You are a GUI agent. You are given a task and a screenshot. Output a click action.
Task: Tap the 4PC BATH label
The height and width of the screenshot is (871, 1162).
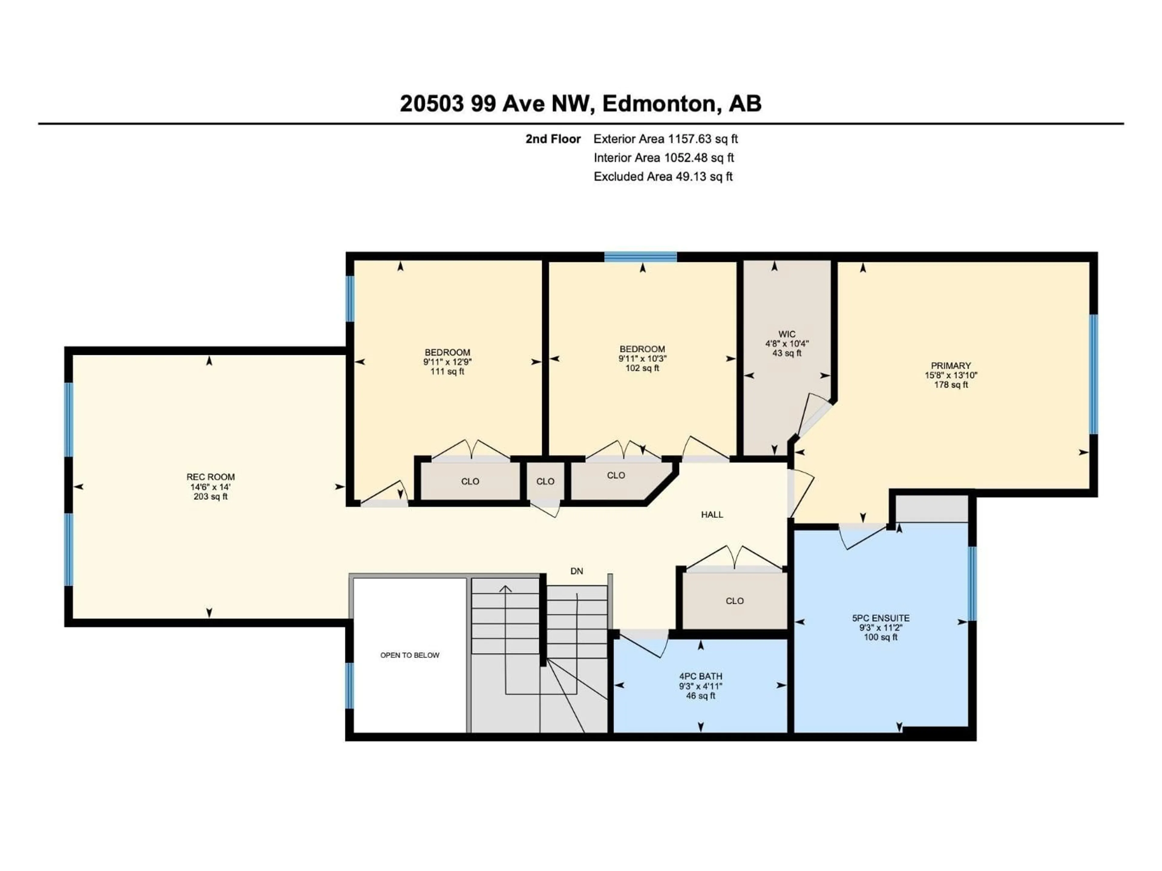(x=700, y=676)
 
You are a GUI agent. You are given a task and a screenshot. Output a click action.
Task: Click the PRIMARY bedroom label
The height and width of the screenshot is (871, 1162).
(x=951, y=365)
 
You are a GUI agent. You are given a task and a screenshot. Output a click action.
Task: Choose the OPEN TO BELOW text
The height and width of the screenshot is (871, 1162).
(x=410, y=655)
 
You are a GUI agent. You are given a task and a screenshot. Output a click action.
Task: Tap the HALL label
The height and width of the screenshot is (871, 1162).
(x=712, y=514)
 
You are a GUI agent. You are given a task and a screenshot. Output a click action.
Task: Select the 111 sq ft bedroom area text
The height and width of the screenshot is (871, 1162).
(x=447, y=372)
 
